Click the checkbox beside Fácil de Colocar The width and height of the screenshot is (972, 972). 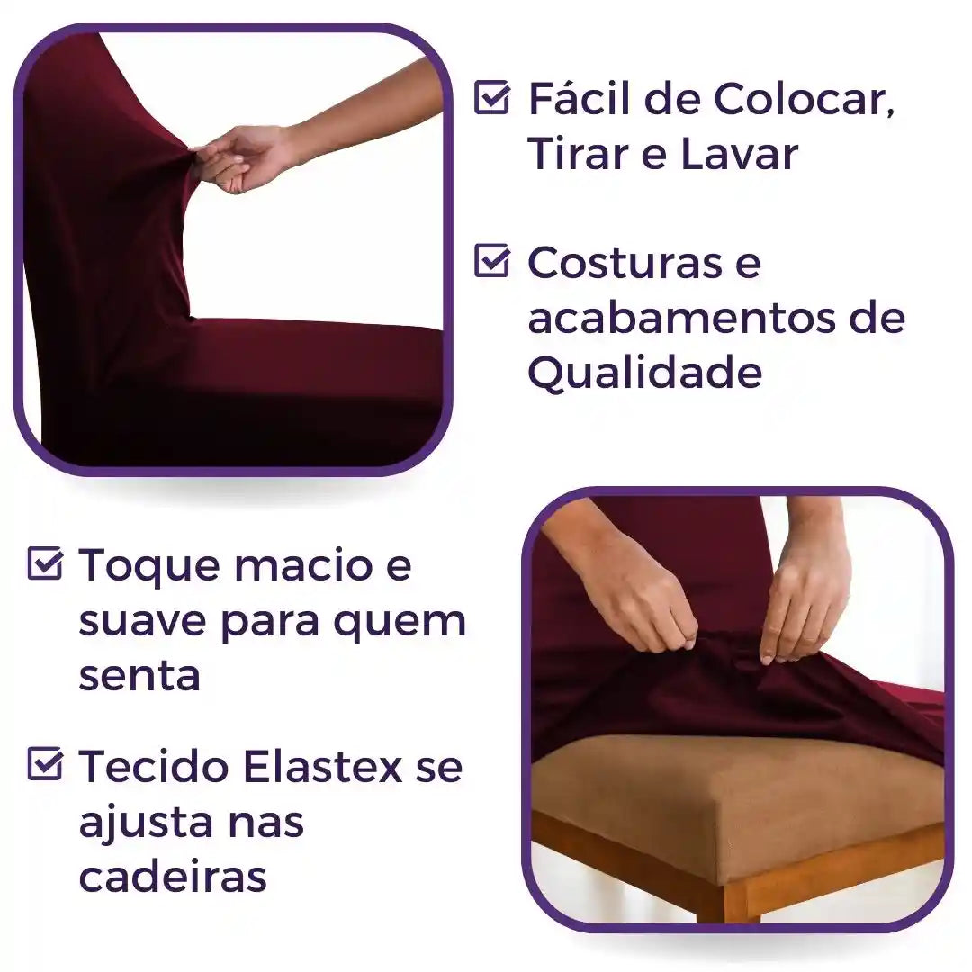tap(491, 98)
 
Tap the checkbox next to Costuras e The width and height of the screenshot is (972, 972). tap(491, 261)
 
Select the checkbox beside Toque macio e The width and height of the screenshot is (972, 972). tap(45, 564)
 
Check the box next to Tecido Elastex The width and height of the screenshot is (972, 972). tap(45, 765)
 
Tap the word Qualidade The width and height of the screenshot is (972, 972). tap(644, 373)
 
